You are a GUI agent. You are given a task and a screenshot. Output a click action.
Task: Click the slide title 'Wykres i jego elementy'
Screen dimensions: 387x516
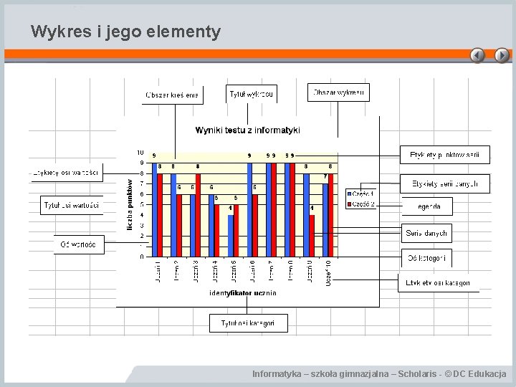click(126, 32)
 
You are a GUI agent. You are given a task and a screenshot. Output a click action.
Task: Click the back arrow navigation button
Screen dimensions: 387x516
click(477, 55)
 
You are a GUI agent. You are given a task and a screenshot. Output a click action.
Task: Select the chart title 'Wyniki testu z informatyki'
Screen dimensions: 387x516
click(247, 130)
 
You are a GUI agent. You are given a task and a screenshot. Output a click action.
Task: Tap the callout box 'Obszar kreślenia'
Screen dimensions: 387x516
click(172, 95)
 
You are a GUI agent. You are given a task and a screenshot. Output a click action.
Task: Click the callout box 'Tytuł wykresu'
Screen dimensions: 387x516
click(251, 94)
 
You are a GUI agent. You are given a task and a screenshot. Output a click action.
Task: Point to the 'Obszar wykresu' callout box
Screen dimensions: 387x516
click(339, 92)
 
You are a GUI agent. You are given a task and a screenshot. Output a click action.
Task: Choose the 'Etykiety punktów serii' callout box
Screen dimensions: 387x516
click(444, 155)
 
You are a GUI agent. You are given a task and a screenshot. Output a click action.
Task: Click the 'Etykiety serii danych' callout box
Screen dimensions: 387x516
click(444, 184)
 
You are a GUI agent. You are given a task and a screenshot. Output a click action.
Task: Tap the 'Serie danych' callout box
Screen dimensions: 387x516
click(426, 233)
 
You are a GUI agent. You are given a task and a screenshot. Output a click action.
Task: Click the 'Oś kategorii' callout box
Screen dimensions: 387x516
click(426, 258)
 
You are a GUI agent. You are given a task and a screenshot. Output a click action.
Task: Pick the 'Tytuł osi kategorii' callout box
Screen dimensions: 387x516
click(248, 323)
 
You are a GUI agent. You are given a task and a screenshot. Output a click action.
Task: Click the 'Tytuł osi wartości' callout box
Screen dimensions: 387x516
click(72, 205)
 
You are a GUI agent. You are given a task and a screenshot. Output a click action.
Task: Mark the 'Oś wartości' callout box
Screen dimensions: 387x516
click(79, 244)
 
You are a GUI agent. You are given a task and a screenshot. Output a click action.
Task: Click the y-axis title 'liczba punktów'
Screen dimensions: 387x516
click(130, 205)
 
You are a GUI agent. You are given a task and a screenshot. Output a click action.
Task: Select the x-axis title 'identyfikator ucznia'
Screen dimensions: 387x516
click(243, 293)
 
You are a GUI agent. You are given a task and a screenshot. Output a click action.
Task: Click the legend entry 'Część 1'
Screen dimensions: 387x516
click(361, 193)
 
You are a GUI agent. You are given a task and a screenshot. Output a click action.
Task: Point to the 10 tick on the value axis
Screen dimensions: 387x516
click(140, 153)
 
